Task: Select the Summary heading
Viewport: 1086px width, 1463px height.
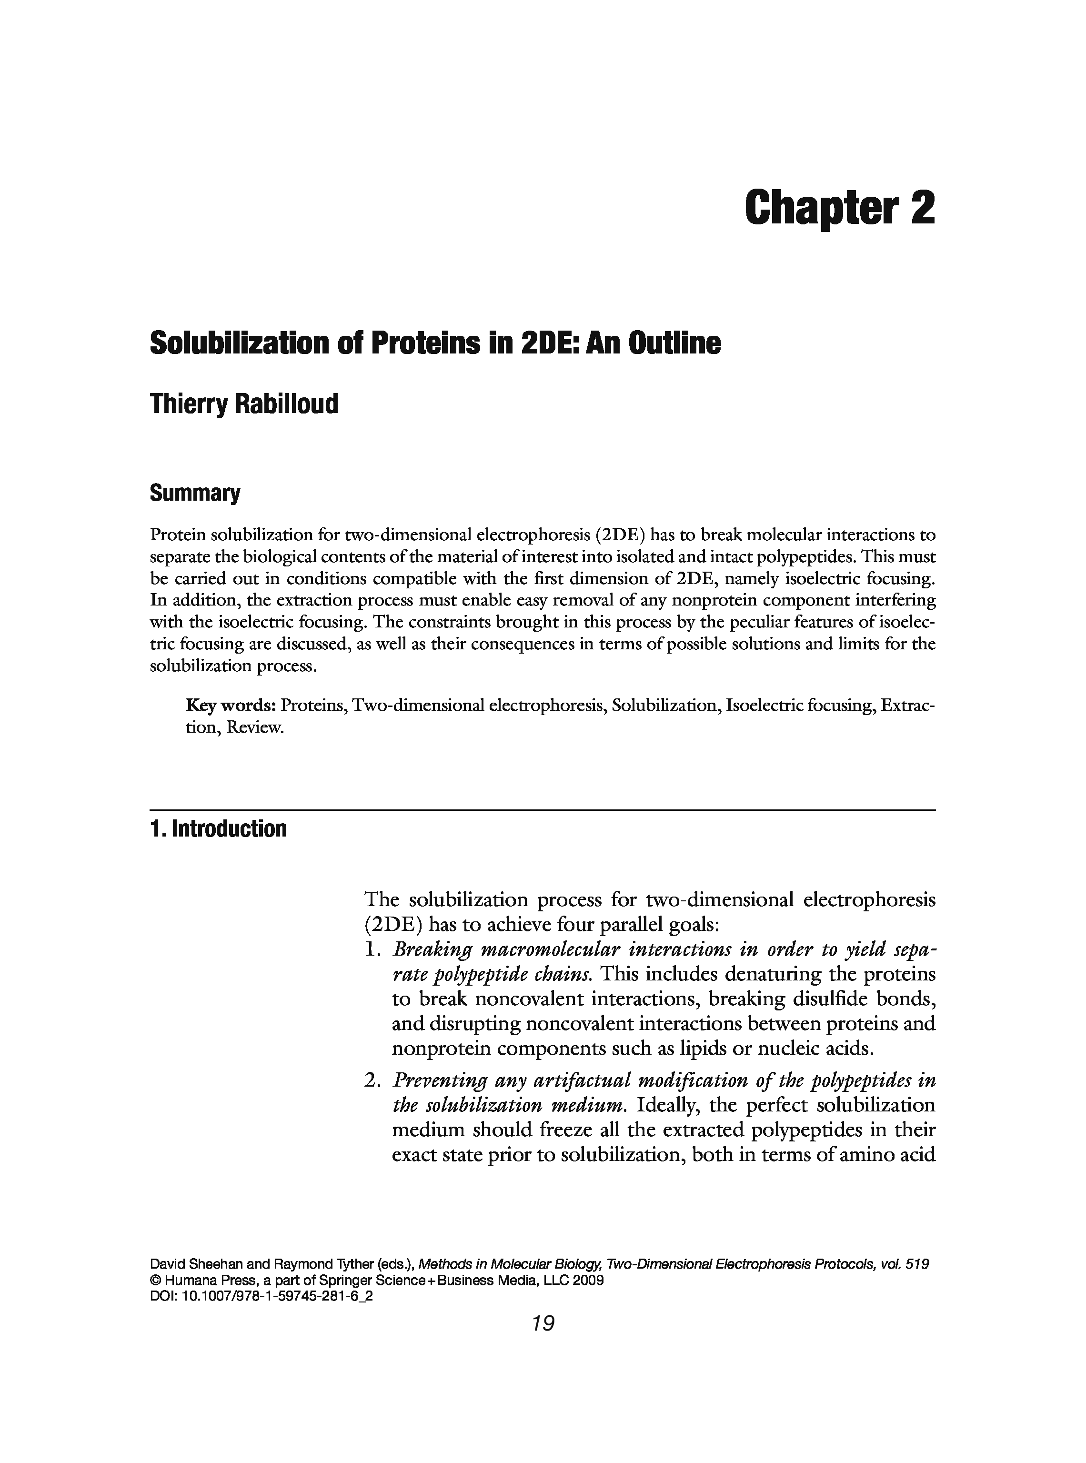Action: click(x=195, y=493)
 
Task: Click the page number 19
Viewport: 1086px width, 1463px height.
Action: click(x=543, y=1323)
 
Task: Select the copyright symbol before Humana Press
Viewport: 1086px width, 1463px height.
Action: click(x=156, y=1281)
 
